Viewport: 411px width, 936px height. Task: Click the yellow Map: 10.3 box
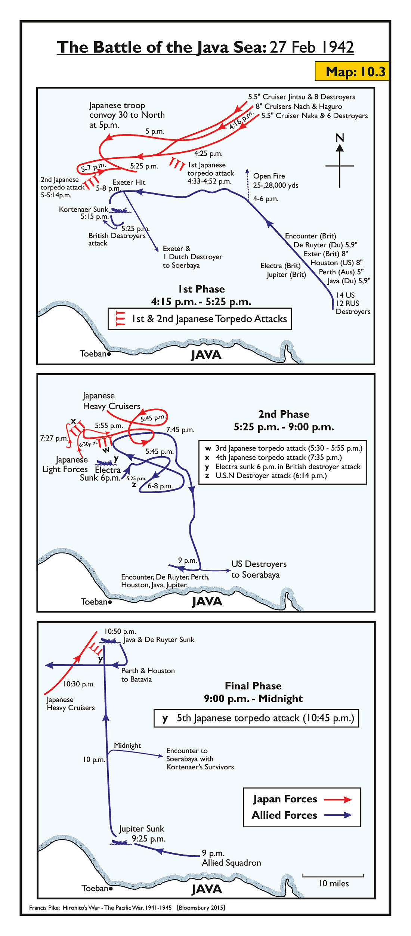(352, 71)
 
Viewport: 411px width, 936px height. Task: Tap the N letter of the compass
(340, 138)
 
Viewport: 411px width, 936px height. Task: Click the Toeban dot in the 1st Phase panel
(109, 354)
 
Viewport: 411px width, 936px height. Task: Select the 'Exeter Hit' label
(129, 182)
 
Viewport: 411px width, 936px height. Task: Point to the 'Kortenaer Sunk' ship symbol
(120, 211)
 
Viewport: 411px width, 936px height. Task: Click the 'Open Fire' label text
(269, 176)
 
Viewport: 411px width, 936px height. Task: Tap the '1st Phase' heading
(201, 289)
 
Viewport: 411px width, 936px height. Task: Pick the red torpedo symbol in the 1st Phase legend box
(120, 319)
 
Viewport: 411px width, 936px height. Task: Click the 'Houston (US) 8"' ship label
(337, 263)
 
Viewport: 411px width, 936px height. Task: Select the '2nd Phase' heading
(284, 414)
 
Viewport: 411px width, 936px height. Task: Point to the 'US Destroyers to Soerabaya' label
(259, 569)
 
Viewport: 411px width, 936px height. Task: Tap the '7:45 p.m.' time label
(180, 430)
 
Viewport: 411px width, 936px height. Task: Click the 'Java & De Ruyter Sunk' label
(159, 640)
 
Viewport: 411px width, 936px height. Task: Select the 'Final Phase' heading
(253, 686)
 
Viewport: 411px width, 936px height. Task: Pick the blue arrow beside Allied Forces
(337, 815)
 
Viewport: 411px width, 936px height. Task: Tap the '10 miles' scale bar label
(333, 883)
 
